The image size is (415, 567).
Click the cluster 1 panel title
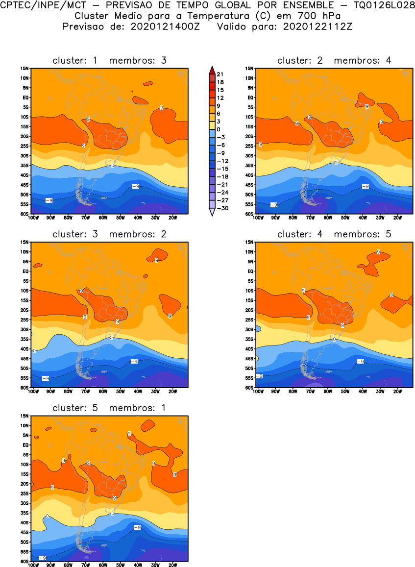click(x=109, y=60)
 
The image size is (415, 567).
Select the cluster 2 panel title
click(x=334, y=60)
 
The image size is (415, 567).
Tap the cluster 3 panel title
click(x=109, y=234)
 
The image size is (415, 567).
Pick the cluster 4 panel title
click(x=334, y=234)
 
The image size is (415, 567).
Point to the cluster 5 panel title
click(x=109, y=408)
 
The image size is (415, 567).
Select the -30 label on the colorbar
click(x=222, y=208)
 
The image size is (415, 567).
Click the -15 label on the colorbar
click(x=222, y=168)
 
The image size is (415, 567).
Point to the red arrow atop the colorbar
click(x=211, y=69)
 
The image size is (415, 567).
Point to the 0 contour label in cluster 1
click(x=113, y=166)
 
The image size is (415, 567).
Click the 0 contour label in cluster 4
click(x=334, y=339)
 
